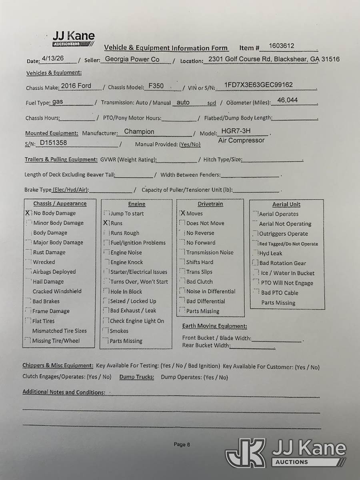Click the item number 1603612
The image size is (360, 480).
point(281,46)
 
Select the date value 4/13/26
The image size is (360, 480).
point(52,58)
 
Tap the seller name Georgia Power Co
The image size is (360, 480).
point(132,59)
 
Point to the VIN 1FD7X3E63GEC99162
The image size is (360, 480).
point(258,85)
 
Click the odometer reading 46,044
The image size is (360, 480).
point(287,100)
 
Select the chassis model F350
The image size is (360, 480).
point(156,86)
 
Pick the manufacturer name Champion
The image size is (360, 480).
point(139,132)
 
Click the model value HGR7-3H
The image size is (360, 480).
point(236,131)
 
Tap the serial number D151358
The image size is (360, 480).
point(53,142)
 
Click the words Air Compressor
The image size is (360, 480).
point(241,140)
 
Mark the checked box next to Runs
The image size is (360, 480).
point(106,223)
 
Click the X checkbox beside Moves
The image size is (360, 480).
point(182,214)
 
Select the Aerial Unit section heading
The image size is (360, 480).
point(286,204)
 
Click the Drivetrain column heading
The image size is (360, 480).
point(210,204)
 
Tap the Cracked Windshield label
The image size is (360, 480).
point(57,292)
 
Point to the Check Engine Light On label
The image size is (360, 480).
point(137,321)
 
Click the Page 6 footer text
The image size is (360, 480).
point(182,444)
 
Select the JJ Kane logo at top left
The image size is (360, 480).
point(74,39)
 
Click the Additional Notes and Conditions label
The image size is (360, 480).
point(64,392)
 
